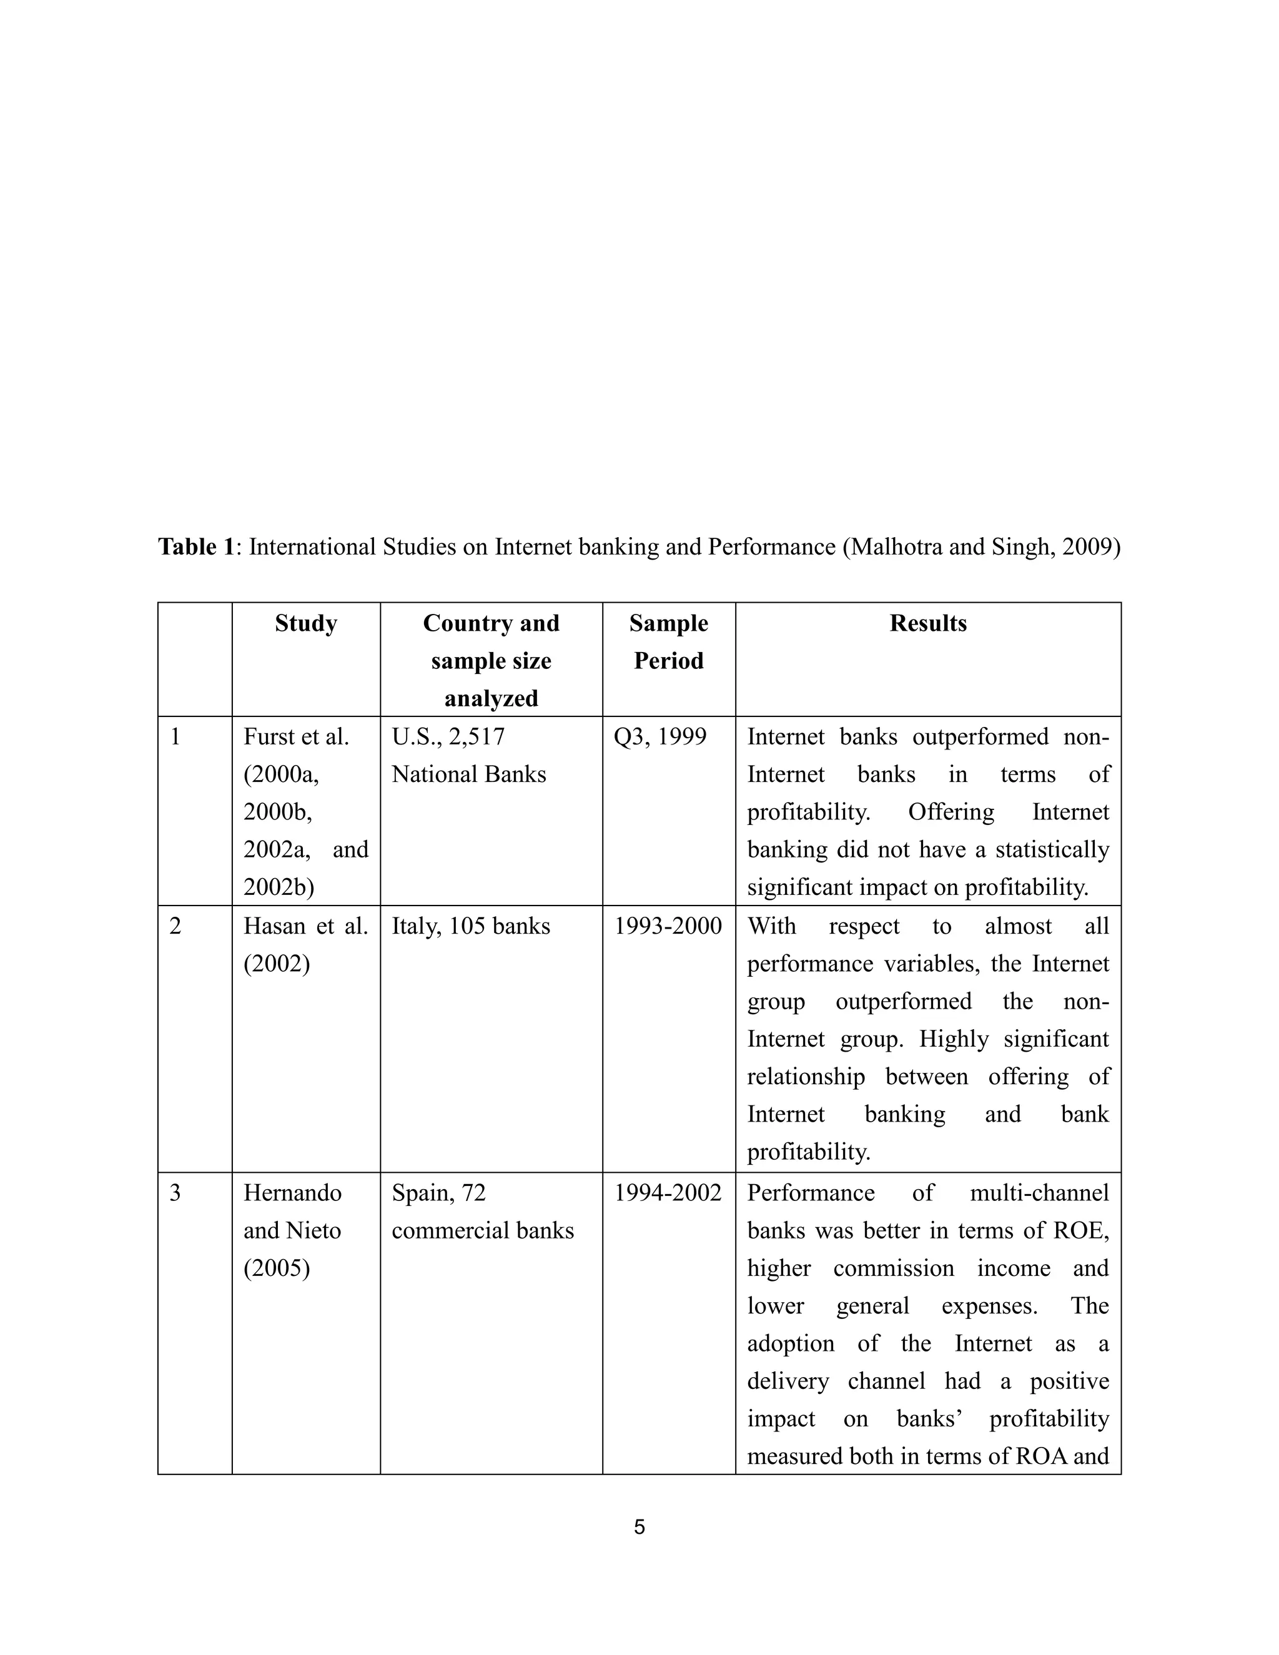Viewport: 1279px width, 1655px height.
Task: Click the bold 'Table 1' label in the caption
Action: pyautogui.click(x=196, y=546)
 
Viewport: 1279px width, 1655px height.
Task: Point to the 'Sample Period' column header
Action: pyautogui.click(x=668, y=642)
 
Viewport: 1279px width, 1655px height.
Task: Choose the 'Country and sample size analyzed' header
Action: pyautogui.click(x=491, y=660)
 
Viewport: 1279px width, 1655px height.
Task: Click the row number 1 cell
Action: pyautogui.click(x=175, y=736)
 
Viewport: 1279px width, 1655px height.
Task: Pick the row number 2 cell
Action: pyautogui.click(x=175, y=926)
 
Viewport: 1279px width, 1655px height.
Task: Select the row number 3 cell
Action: pyautogui.click(x=175, y=1193)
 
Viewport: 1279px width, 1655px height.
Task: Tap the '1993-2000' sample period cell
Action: pyautogui.click(x=668, y=926)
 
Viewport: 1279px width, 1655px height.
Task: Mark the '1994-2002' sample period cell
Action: pyautogui.click(x=668, y=1193)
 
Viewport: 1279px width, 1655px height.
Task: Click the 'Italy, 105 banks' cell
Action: pyautogui.click(x=470, y=926)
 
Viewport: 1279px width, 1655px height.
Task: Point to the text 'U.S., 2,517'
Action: pyautogui.click(x=448, y=736)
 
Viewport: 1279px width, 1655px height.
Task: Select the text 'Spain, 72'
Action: pyautogui.click(x=438, y=1193)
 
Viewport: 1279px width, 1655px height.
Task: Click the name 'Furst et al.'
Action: pyautogui.click(x=296, y=736)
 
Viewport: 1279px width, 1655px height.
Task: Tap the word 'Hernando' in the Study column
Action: pyautogui.click(x=292, y=1193)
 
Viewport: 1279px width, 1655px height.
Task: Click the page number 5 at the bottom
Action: pyautogui.click(x=639, y=1527)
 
